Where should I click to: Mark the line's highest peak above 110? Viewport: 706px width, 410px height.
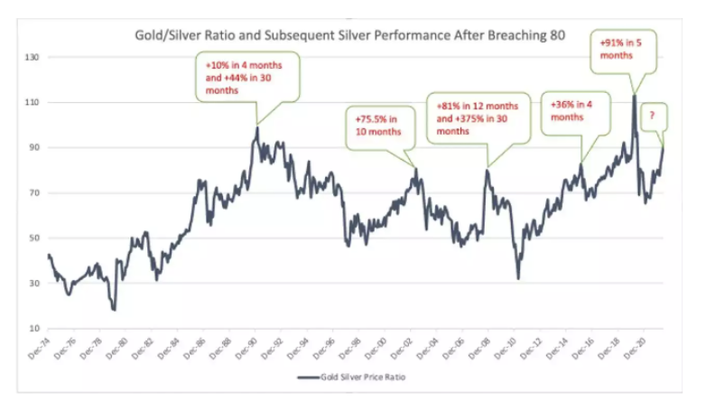click(635, 94)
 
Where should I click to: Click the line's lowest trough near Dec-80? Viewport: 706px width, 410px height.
click(114, 310)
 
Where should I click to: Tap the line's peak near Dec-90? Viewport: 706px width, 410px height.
click(257, 127)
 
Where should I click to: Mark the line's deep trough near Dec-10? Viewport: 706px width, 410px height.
click(517, 278)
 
